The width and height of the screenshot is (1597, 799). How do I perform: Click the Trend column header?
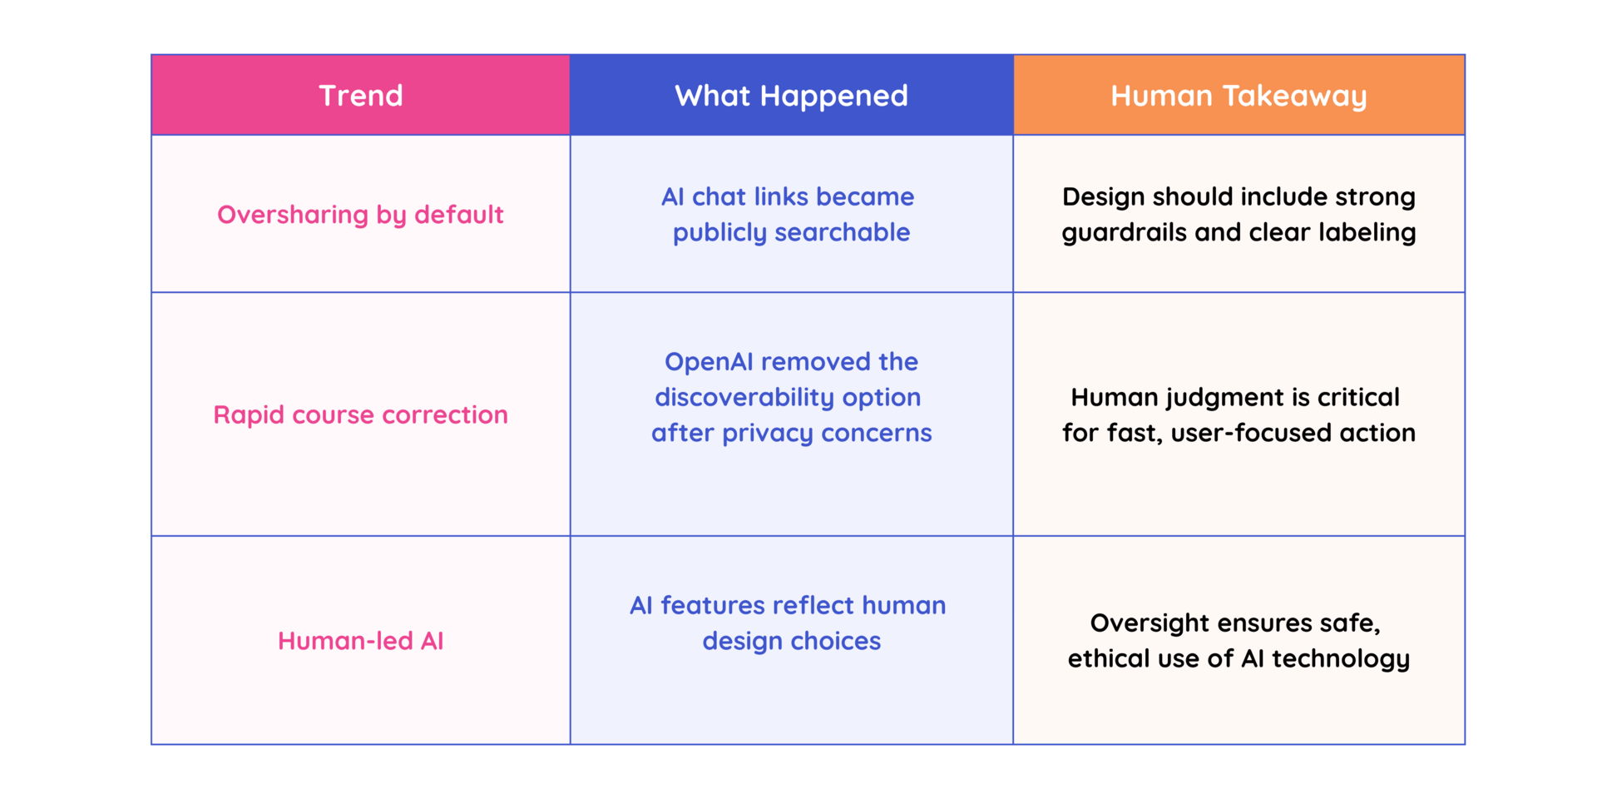361,96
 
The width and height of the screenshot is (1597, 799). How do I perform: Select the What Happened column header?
791,97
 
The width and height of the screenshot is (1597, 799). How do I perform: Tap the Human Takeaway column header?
1239,97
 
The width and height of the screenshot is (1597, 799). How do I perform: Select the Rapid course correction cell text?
361,414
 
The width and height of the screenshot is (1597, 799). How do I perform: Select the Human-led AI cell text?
361,641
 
